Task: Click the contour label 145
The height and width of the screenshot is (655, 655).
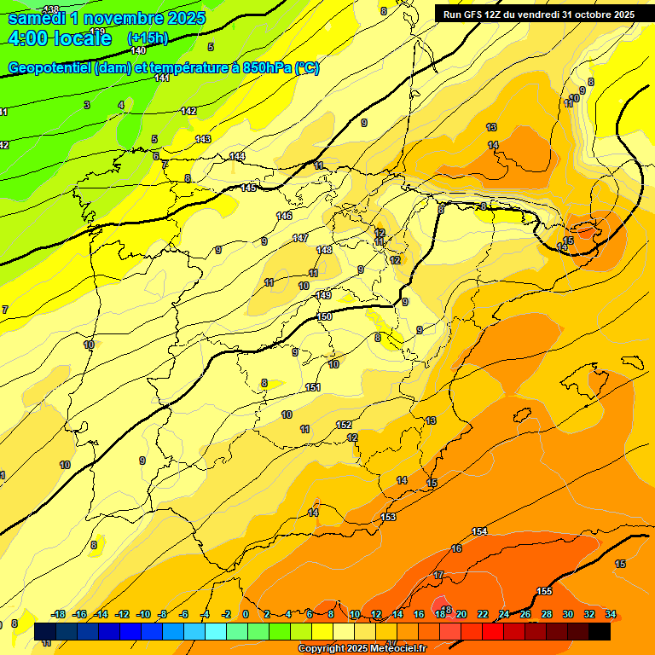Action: pos(248,188)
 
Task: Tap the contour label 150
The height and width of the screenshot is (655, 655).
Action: pos(324,316)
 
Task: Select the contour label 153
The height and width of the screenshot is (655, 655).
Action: pos(388,517)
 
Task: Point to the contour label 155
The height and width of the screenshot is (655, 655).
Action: pos(544,591)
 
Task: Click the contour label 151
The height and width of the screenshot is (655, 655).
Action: pos(313,388)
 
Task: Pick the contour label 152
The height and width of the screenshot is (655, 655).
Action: pos(344,425)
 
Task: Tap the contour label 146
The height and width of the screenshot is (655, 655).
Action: pos(285,216)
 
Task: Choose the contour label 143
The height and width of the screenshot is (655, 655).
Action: pos(203,139)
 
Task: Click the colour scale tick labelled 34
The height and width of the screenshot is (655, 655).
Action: pos(611,614)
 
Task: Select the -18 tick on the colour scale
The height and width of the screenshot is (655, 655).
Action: pos(59,614)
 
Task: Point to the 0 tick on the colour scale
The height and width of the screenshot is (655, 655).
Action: pos(246,614)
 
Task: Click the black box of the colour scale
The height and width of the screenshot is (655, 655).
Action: pos(600,631)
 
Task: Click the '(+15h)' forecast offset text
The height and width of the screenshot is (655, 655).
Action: pos(147,38)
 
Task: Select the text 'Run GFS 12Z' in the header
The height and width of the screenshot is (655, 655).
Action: pos(473,14)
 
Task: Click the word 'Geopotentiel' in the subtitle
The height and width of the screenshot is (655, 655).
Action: pos(49,68)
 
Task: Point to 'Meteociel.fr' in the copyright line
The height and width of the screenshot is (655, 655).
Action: pos(393,649)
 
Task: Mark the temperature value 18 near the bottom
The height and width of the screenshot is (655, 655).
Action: pos(447,609)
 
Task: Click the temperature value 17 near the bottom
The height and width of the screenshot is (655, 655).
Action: pos(438,576)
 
